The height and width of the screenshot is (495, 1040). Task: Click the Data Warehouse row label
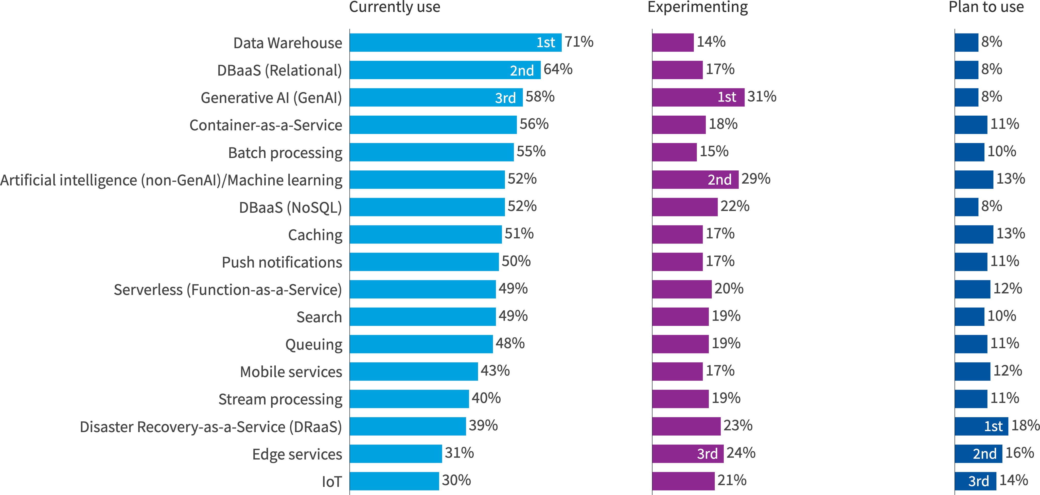pos(288,43)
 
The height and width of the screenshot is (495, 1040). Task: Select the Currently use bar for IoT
pos(394,481)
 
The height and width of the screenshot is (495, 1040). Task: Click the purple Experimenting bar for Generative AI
pos(698,97)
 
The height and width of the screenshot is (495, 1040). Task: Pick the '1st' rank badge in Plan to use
pos(993,426)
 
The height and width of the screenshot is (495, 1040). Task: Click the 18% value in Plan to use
pos(1025,426)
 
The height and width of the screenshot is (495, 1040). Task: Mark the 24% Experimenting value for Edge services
pos(741,453)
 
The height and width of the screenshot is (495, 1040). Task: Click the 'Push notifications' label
pos(282,262)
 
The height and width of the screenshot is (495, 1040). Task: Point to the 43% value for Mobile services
pos(495,371)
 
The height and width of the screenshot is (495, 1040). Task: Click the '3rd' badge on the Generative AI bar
pos(505,98)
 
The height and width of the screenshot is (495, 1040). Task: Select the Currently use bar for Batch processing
pos(432,152)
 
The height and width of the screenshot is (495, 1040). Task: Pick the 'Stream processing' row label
pos(280,399)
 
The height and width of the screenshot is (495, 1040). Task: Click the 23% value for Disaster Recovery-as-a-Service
pos(738,426)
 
